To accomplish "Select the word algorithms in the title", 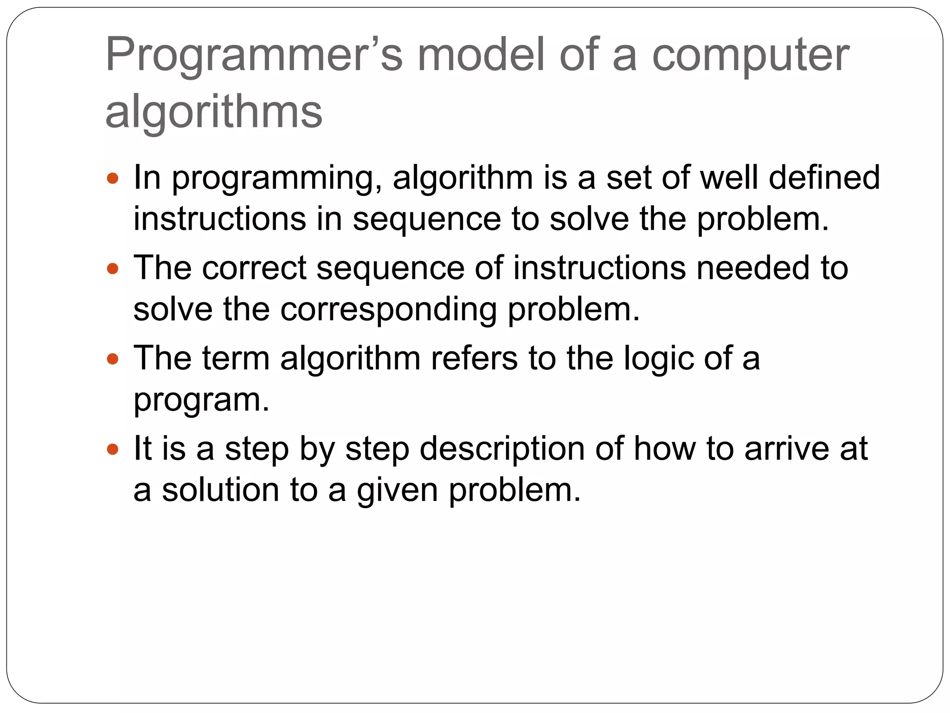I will click(x=213, y=112).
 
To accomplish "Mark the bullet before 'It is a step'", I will click(x=113, y=449).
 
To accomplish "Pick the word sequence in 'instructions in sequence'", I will click(x=427, y=220).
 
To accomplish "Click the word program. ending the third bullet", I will click(x=201, y=400).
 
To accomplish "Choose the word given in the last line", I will click(x=397, y=491).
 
